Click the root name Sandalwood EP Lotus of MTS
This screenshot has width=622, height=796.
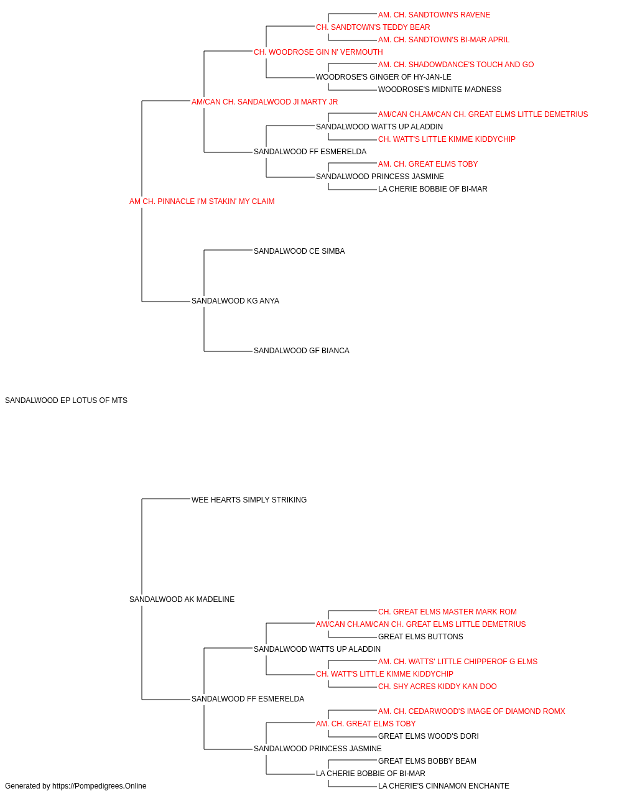click(66, 400)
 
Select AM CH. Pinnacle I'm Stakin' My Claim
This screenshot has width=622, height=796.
click(202, 201)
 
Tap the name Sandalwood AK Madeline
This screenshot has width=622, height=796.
click(182, 599)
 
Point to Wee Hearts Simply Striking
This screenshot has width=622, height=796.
click(249, 499)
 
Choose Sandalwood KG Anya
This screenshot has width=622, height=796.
click(235, 301)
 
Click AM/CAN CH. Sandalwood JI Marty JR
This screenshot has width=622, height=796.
click(264, 102)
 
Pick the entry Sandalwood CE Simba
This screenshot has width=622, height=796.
click(299, 251)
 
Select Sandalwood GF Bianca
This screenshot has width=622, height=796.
click(302, 351)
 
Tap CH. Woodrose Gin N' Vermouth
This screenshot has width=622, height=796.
click(318, 52)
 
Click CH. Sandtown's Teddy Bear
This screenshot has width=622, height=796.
click(373, 27)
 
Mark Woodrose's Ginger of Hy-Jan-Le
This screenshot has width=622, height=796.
click(384, 77)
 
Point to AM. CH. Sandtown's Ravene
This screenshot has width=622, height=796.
click(434, 15)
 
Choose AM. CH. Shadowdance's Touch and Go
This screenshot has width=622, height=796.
click(456, 65)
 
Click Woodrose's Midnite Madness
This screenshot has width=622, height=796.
click(440, 90)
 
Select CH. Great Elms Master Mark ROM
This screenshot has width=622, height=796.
click(447, 612)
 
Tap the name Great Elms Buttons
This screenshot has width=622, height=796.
click(420, 637)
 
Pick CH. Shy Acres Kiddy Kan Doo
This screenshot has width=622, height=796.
click(437, 687)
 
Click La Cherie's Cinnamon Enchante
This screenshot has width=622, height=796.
click(443, 786)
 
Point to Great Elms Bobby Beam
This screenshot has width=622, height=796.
click(427, 761)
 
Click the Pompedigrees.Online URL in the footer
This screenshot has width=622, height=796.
click(100, 786)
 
